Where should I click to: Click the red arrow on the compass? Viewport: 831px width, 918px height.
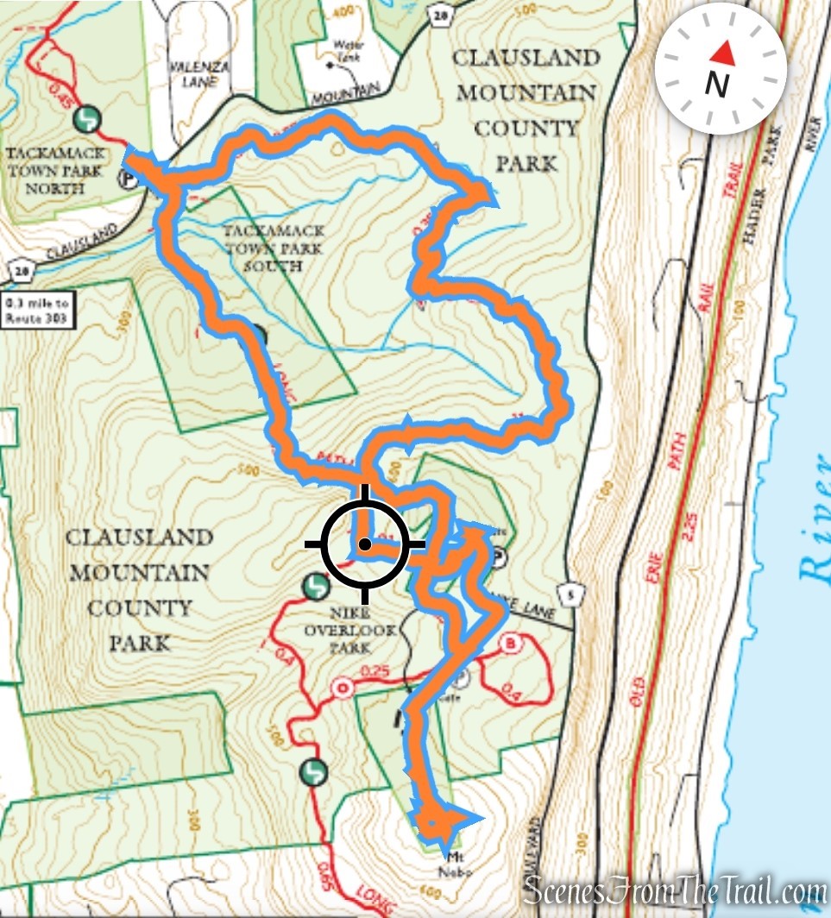[723, 53]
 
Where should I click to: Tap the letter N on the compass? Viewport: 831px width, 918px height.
[716, 85]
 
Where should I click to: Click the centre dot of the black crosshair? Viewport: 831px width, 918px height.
[365, 544]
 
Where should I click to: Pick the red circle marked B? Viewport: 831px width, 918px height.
[512, 644]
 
